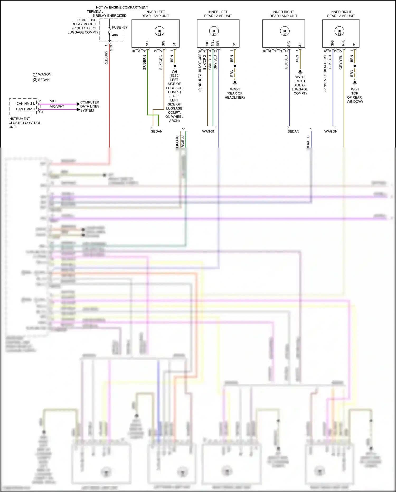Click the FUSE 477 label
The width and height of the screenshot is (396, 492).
tap(120, 27)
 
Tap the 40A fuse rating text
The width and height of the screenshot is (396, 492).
tap(115, 35)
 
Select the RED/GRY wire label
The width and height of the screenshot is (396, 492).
tap(106, 58)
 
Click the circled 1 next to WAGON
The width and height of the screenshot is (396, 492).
tap(35, 75)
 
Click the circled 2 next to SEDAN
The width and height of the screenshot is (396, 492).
tap(35, 80)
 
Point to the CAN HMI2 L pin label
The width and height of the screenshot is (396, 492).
tap(25, 104)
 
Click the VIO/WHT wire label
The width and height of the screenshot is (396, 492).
tap(57, 107)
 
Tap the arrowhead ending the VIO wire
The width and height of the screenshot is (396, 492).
tap(78, 104)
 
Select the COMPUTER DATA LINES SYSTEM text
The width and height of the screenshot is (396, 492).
tap(90, 106)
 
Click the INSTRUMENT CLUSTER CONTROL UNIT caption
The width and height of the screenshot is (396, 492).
tap(25, 123)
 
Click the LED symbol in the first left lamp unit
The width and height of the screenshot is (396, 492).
tap(159, 31)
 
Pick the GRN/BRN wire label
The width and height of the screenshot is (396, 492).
tap(144, 63)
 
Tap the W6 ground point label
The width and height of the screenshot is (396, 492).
tap(174, 72)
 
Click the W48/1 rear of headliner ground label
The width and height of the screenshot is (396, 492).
tap(235, 93)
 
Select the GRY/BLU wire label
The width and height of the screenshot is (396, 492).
tap(215, 62)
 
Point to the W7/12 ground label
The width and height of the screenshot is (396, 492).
tap(300, 77)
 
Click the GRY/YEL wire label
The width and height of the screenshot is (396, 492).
tap(341, 63)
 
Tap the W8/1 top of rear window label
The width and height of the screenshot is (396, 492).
tap(355, 95)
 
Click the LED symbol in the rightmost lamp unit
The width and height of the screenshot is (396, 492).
tap(339, 31)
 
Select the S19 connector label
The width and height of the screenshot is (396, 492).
tap(111, 48)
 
